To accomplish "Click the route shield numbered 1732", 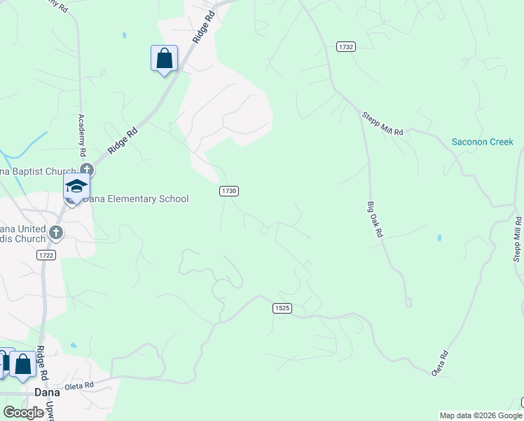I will pos(345,47).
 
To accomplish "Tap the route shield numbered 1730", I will pos(229,191).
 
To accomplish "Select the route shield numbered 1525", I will pos(282,308).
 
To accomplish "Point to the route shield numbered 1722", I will pos(47,255).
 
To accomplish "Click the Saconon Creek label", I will pos(482,142).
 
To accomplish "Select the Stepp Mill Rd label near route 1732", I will pos(382,124).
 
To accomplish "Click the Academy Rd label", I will pos(82,134).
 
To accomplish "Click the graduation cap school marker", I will pos(76,186).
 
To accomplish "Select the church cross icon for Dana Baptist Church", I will pos(87,169).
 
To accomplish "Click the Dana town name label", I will pos(48,392).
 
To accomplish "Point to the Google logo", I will pos(24,413).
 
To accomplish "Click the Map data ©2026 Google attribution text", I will pos(480,415).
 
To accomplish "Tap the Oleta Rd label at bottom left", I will pos(79,385).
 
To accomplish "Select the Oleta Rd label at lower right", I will pos(440,363).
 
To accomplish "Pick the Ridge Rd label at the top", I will pos(203,27).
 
